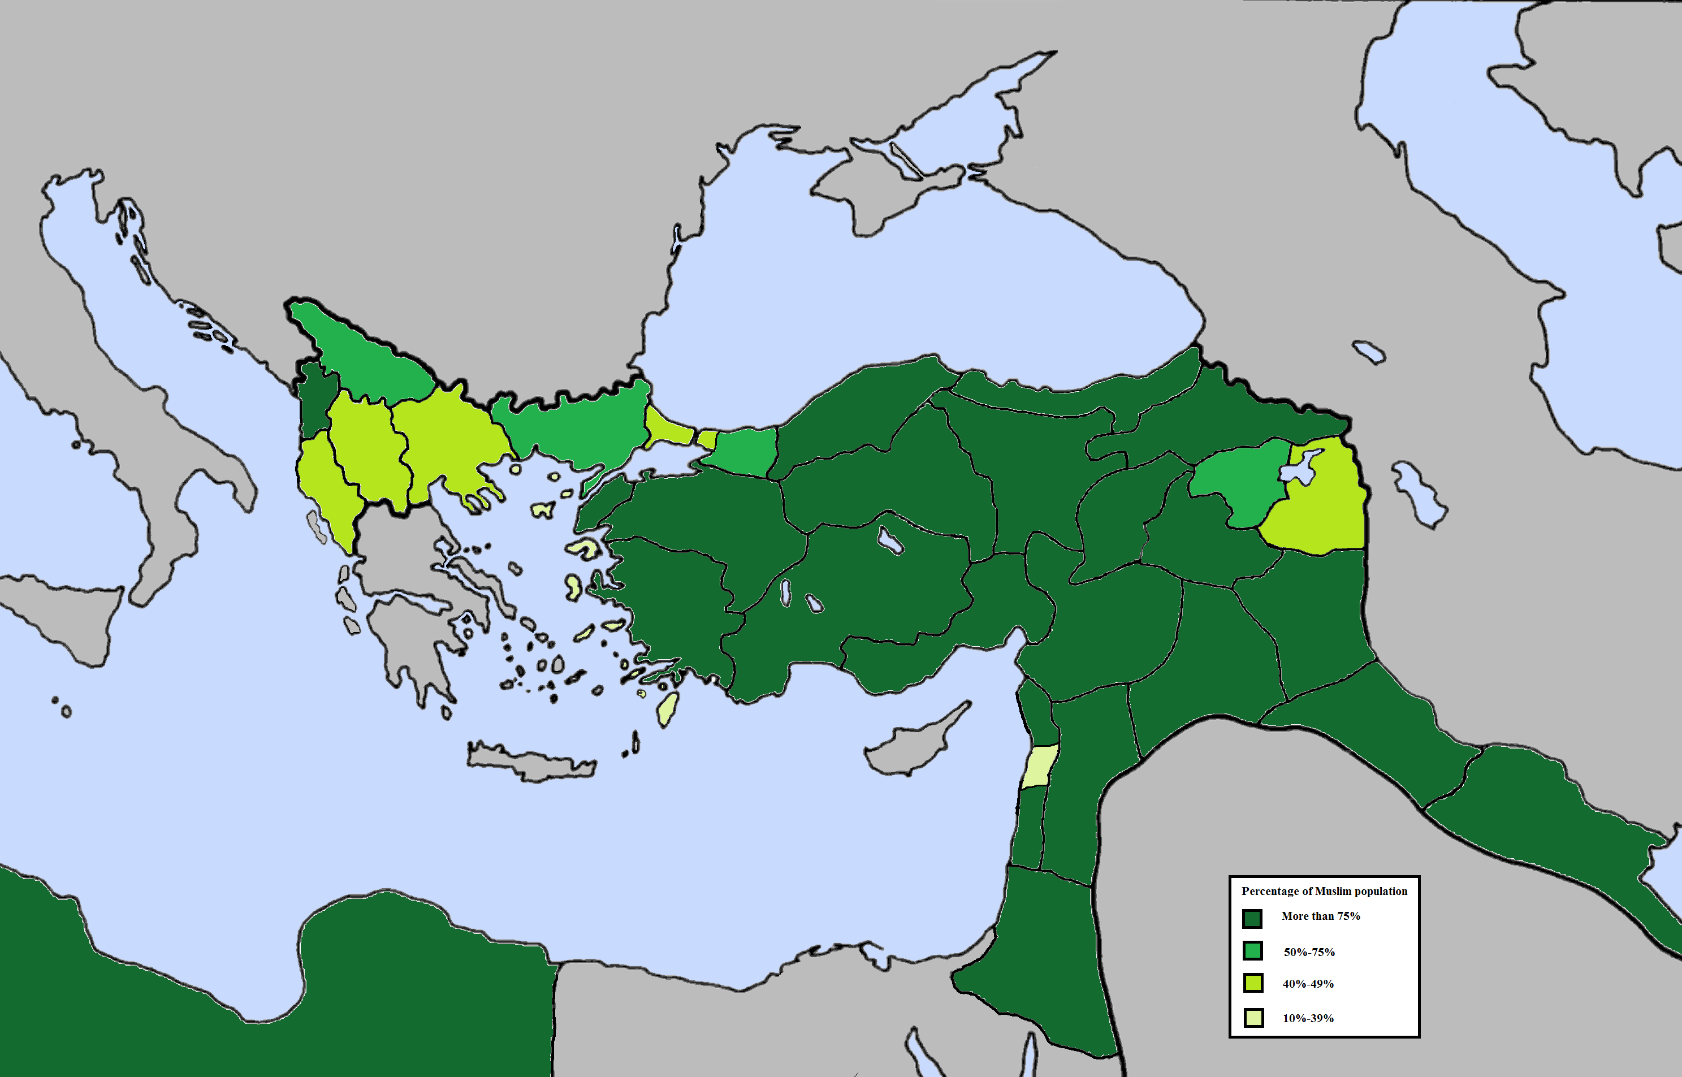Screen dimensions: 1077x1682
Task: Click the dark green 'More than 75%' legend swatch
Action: tap(1252, 918)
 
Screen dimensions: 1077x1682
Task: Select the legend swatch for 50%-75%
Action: tap(1252, 951)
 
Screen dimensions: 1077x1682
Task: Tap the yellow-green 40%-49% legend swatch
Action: tap(1252, 983)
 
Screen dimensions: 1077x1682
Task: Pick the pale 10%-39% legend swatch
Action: tap(1253, 1018)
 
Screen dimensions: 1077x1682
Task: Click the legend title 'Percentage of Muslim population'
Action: tap(1324, 891)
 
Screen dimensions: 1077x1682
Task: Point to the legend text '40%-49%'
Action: tap(1308, 984)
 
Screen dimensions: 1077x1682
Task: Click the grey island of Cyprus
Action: tap(909, 749)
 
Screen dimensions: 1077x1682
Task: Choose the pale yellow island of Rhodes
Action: tap(668, 708)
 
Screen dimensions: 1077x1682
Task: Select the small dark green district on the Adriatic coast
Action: tap(314, 399)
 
